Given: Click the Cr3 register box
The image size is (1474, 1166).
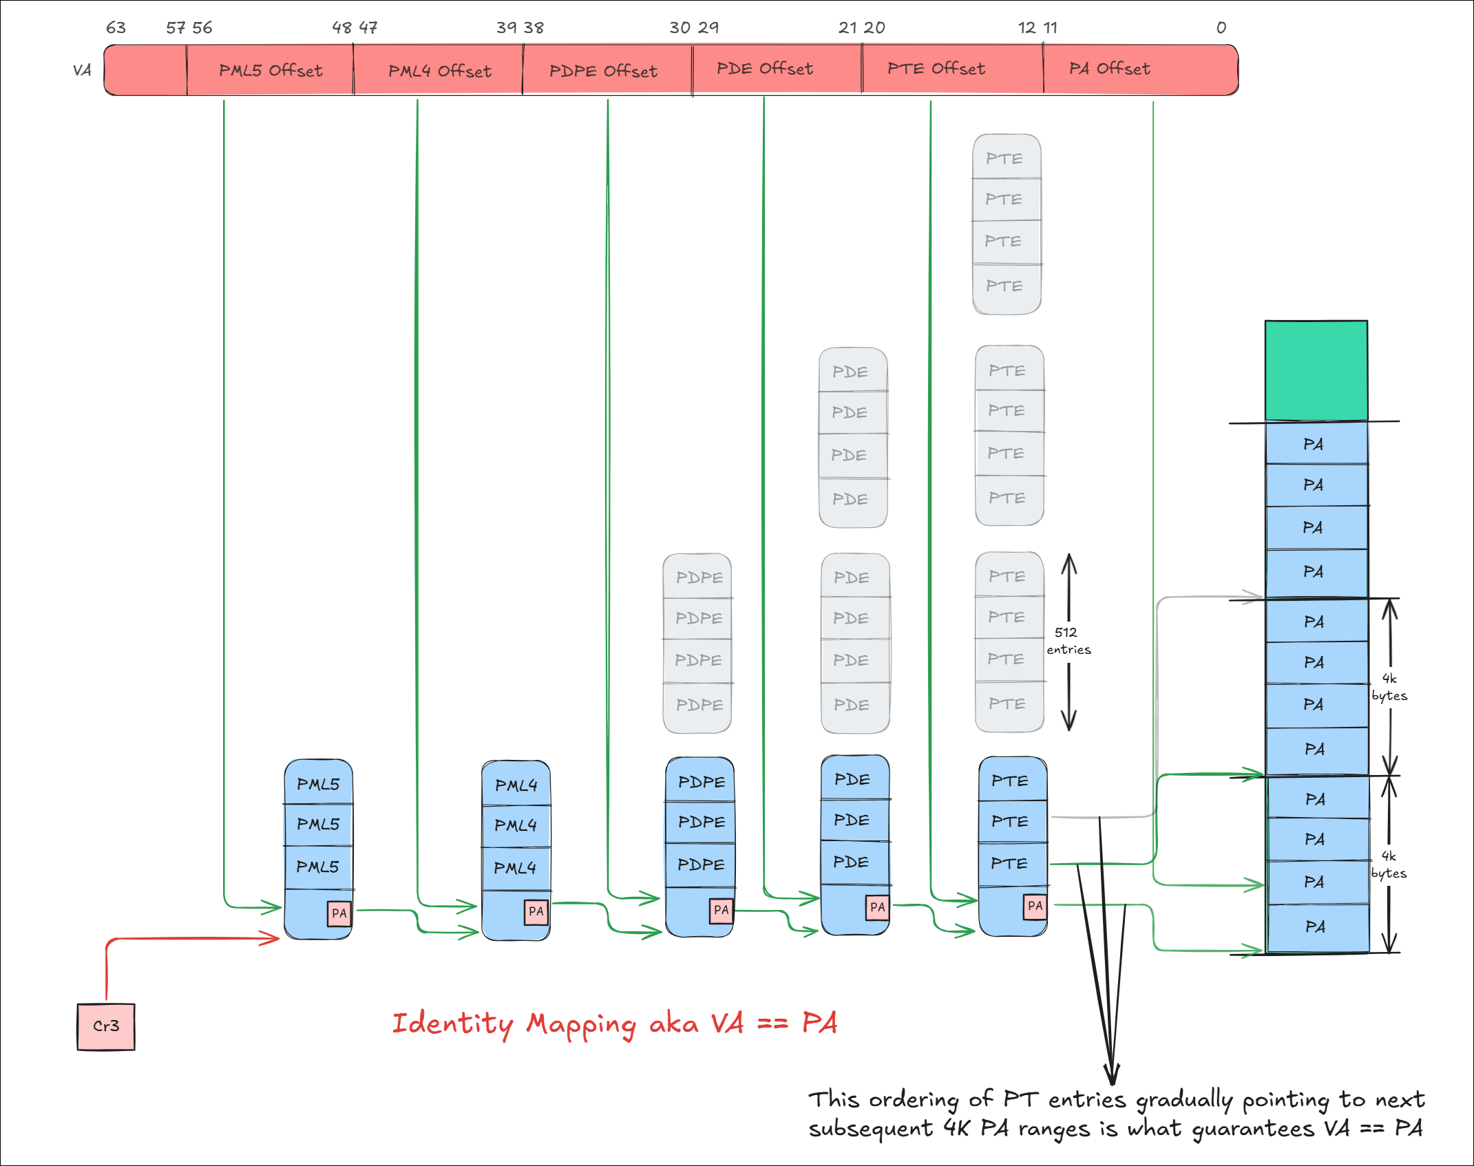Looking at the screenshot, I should (106, 1026).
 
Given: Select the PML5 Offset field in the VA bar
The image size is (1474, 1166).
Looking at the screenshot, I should (270, 70).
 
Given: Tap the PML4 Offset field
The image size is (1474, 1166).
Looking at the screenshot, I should (439, 70).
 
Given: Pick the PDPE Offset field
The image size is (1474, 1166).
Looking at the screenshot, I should (603, 70).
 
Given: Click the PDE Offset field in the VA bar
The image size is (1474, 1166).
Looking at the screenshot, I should (764, 69).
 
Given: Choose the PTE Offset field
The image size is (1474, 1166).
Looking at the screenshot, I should (936, 69).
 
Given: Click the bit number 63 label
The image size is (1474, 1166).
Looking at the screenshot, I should (116, 28).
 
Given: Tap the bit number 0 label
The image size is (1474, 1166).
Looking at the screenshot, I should (1221, 28).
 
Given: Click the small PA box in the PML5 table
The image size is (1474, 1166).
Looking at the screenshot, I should (339, 913).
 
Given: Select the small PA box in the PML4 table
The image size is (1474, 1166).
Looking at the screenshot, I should (536, 911).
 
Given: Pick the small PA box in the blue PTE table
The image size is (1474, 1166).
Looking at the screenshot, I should (1035, 906).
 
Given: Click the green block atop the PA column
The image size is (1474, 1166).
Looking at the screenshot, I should (1316, 370).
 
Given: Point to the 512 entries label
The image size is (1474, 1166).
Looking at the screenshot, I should (1068, 641).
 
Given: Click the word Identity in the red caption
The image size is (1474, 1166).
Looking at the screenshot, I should (452, 1024).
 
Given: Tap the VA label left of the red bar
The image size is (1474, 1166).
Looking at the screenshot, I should (82, 70).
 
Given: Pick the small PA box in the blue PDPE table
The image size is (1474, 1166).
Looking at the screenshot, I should (721, 910).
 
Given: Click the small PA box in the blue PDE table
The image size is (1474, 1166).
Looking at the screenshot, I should (877, 907).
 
